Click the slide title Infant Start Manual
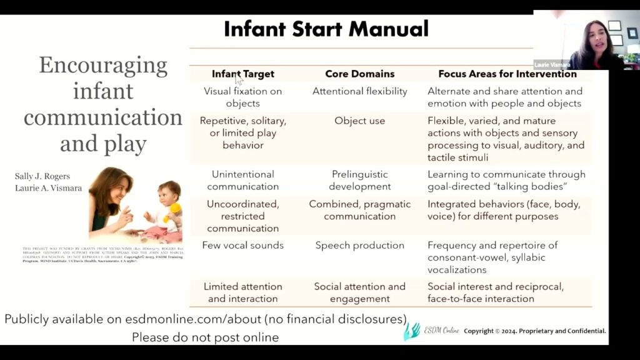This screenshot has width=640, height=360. (x=326, y=29)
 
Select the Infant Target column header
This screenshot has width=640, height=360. (x=242, y=74)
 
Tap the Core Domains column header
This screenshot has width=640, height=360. (x=359, y=74)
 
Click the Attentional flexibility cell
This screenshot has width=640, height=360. (x=359, y=91)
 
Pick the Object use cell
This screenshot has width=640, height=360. (x=359, y=121)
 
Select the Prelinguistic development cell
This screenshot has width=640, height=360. (x=359, y=180)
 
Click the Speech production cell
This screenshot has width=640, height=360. (x=359, y=246)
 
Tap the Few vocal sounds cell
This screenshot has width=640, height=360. (x=242, y=246)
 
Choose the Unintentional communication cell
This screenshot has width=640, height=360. (x=242, y=180)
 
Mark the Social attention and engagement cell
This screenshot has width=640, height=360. (x=359, y=292)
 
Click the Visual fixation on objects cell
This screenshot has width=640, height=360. (x=242, y=97)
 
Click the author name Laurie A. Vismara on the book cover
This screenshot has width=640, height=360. (x=48, y=188)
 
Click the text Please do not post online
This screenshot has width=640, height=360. (x=205, y=337)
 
